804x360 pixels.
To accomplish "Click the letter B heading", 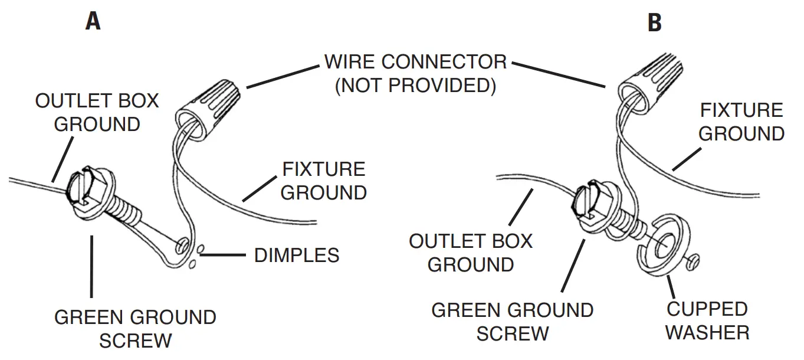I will tap(654, 23).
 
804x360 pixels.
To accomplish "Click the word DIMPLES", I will tap(297, 255).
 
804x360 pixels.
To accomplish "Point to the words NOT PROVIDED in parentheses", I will tap(415, 86).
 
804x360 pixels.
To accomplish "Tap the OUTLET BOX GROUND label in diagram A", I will tap(97, 112).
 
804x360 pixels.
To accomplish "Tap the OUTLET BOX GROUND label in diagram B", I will tap(471, 253).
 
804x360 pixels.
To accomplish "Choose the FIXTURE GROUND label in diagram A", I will tap(323, 181).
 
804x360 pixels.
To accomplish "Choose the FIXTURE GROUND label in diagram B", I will tap(741, 122).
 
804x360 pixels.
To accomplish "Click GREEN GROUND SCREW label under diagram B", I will tap(513, 321).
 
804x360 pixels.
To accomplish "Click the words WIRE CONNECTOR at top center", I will tap(415, 61).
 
